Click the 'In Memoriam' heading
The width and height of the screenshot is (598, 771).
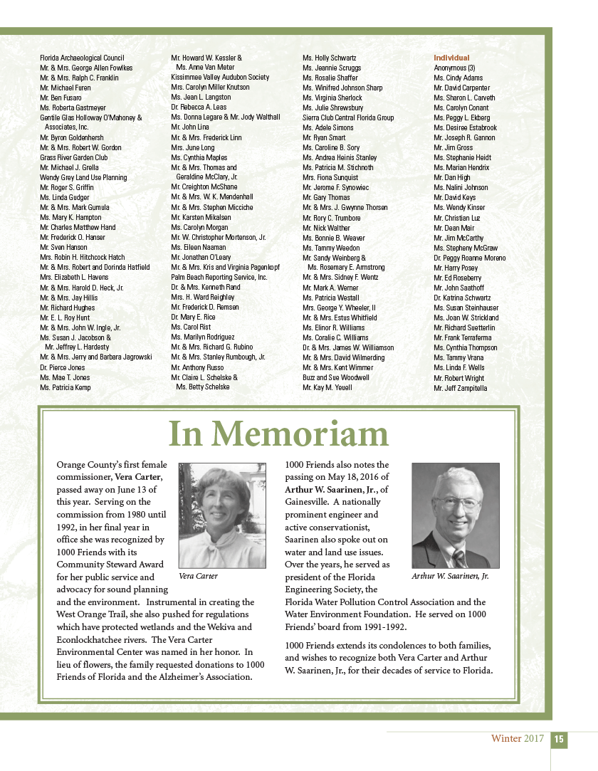coord(278,434)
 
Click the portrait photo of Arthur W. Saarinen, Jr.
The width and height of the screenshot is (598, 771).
coord(456,515)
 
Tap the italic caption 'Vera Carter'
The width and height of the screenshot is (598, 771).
coord(199,576)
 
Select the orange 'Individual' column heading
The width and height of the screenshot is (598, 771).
coord(451,58)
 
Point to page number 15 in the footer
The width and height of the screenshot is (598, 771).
coord(560,740)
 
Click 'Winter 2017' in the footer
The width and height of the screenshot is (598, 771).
coord(517,739)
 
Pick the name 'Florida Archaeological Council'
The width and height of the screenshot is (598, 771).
coord(82,58)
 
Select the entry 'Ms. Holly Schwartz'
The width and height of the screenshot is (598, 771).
coord(330,58)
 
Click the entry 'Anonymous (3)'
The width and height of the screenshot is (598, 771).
coord(455,68)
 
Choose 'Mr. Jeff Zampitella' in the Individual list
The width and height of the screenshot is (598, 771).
coord(461,388)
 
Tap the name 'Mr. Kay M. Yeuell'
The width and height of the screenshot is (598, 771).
coord(327,387)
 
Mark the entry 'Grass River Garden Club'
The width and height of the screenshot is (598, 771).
coord(74,157)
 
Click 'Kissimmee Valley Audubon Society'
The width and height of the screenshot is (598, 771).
coord(220,77)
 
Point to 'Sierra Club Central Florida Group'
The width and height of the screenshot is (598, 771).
coord(348,117)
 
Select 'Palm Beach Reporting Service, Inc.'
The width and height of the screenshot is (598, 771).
coord(219,277)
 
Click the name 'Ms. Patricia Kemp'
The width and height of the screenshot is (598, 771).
coord(65,387)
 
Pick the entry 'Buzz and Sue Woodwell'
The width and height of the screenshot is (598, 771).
coord(336,377)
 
